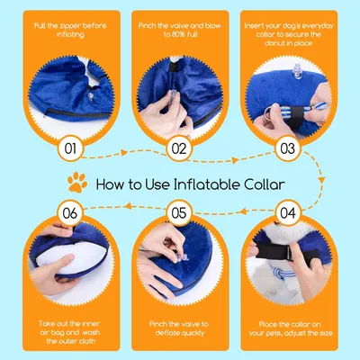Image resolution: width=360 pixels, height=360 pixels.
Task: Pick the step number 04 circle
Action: coord(288,214)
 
